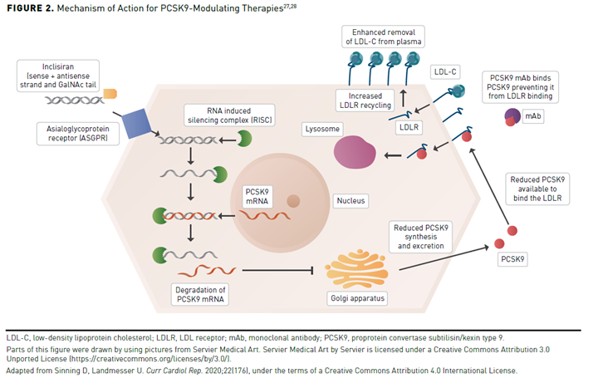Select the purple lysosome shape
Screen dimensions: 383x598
pos(354,152)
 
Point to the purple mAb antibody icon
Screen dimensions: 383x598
pos(512,119)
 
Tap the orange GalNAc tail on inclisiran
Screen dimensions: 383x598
pos(110,93)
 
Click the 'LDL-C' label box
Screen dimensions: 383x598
pos(444,72)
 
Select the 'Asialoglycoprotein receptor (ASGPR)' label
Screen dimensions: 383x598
pos(76,134)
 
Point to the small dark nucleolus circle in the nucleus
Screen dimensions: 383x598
pos(294,200)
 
